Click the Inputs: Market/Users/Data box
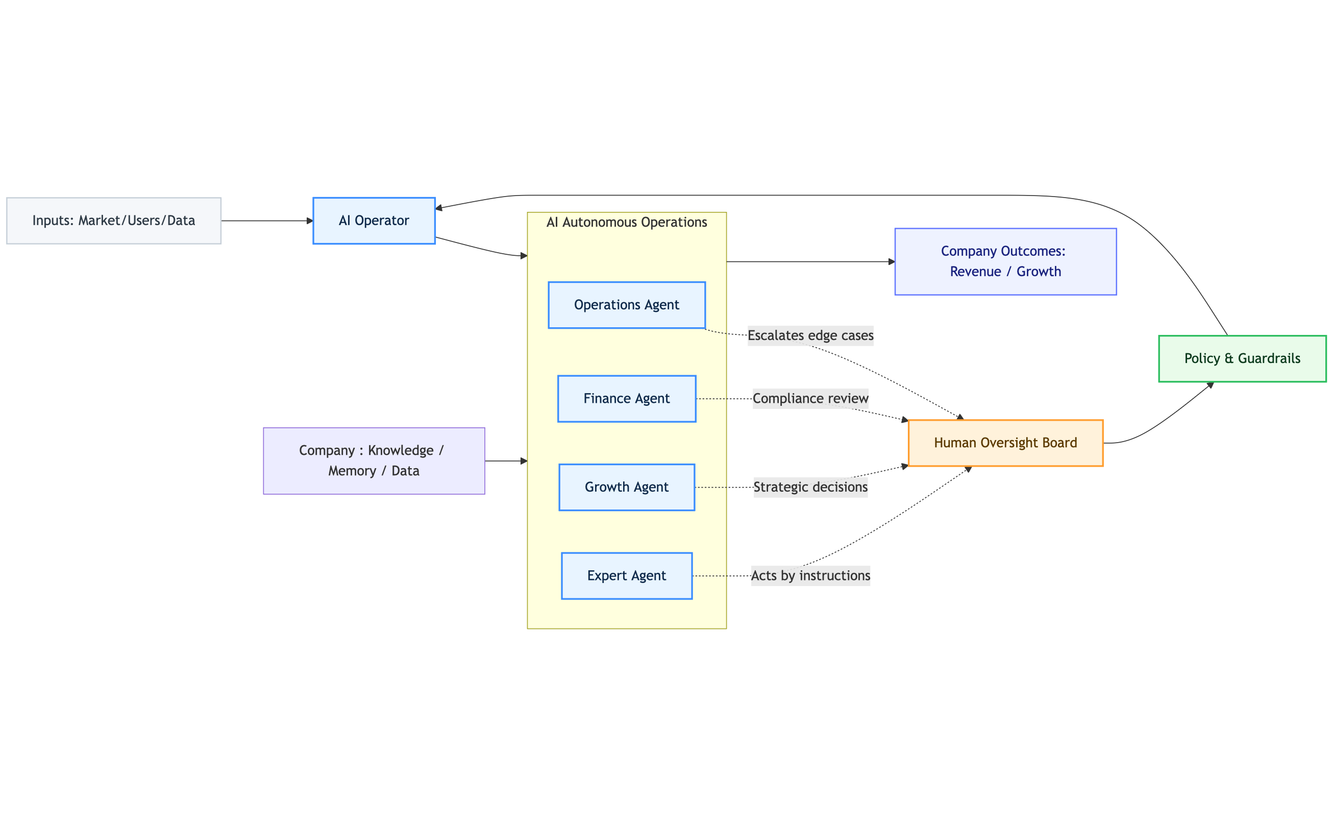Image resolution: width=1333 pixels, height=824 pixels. (113, 221)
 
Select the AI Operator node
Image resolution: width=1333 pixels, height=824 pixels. (374, 221)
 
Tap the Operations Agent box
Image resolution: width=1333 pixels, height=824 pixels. (627, 305)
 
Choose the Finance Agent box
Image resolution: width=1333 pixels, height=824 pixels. (627, 399)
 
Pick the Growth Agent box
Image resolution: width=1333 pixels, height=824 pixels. (627, 487)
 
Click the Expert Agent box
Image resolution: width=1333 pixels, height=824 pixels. (627, 576)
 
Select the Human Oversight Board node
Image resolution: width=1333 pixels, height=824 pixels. (1005, 443)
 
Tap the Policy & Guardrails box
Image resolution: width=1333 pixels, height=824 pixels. (1242, 358)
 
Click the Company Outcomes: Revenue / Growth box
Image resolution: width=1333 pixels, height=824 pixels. (1005, 261)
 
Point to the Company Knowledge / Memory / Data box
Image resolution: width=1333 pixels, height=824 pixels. (374, 461)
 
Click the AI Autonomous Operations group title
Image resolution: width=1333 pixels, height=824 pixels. (627, 223)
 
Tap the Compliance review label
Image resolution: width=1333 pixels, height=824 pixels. (810, 399)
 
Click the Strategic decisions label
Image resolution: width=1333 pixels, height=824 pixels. (810, 487)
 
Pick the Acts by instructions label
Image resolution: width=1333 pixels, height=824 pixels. (810, 576)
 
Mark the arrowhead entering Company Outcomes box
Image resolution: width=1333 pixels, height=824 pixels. (891, 261)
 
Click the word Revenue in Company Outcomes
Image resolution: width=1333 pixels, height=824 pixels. (975, 272)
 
